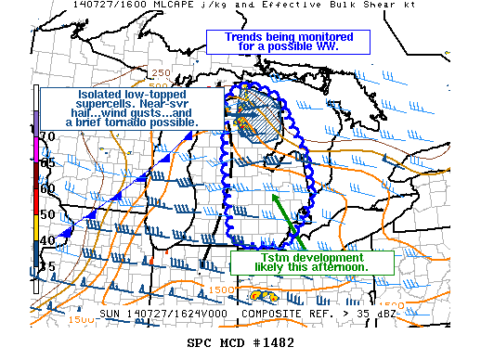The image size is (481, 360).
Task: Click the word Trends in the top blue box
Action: pyautogui.click(x=229, y=36)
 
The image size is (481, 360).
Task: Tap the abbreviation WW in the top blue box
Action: pyautogui.click(x=323, y=46)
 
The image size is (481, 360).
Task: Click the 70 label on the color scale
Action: pyautogui.click(x=45, y=136)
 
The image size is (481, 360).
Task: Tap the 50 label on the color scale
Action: pyautogui.click(x=45, y=214)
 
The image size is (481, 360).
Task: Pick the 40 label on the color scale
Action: pyautogui.click(x=45, y=240)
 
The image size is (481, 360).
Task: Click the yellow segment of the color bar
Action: pyautogui.click(x=36, y=223)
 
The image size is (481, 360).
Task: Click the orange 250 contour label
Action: pyautogui.click(x=160, y=72)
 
